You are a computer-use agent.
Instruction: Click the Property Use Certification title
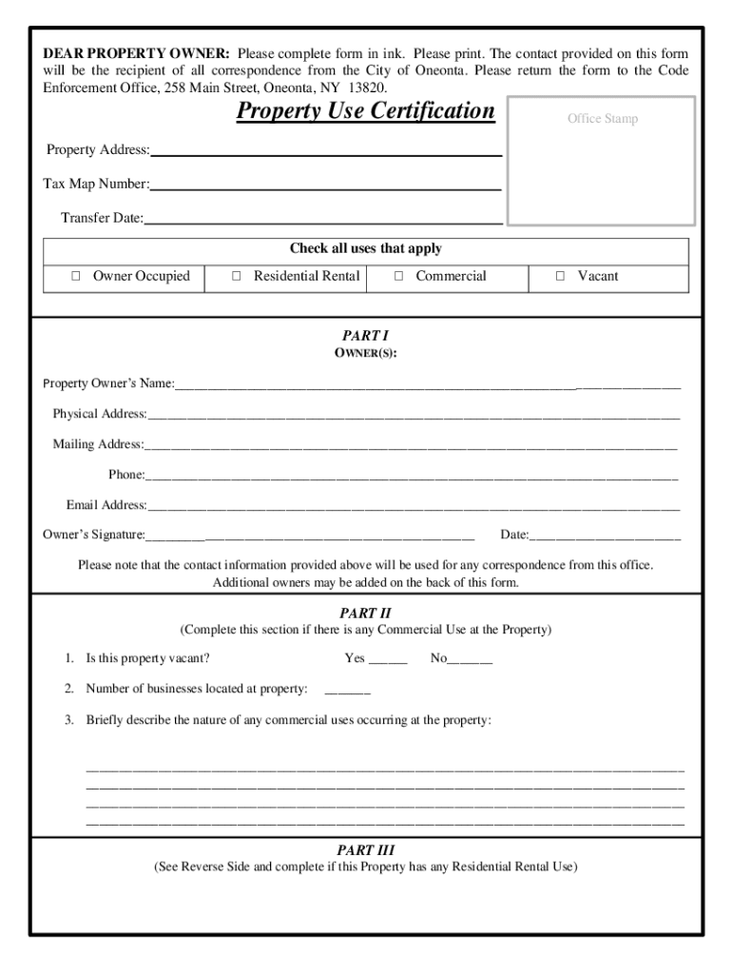[x=365, y=112]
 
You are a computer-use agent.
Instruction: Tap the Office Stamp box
[x=603, y=159]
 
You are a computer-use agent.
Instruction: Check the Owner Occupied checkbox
[x=75, y=277]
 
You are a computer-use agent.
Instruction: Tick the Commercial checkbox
[x=398, y=277]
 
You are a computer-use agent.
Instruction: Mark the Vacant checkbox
[x=560, y=277]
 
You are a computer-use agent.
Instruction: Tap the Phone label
[x=126, y=475]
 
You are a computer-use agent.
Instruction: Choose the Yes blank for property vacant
[x=388, y=659]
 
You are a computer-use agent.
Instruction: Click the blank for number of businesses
[x=347, y=690]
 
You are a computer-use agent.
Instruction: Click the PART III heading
[x=365, y=850]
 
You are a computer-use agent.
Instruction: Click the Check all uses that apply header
[x=365, y=249]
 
